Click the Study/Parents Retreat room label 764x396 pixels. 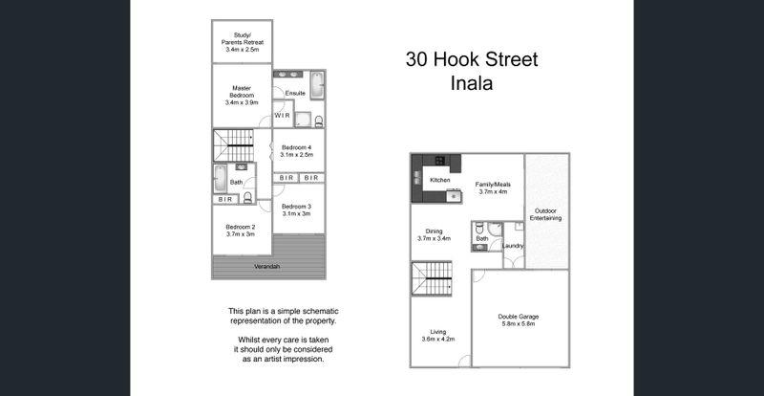pos(243,38)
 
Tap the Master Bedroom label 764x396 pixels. pos(242,92)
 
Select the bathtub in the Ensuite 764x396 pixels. pos(317,85)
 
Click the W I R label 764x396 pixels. pos(282,116)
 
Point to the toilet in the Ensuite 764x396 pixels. pos(319,121)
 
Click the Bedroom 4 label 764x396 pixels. pos(296,147)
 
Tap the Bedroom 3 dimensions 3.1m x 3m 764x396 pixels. pos(296,214)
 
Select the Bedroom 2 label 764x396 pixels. pos(241,227)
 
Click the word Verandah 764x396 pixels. pos(267,267)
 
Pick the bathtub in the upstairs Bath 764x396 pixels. pos(221,179)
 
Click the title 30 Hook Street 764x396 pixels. pos(472,59)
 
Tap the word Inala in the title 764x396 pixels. pos(471,83)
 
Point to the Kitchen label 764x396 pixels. pos(439,180)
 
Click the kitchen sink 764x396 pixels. pos(455,196)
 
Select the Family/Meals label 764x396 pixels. pos(493,185)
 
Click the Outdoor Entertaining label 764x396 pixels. pos(545,215)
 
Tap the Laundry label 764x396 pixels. pos(513,246)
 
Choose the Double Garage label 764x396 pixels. pos(519,317)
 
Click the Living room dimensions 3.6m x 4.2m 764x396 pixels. pos(438,339)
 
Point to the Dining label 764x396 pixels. pos(434,231)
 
